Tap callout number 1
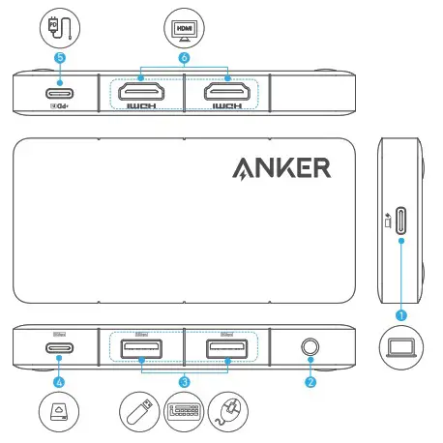click(x=401, y=313)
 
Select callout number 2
click(x=310, y=382)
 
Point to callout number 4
click(x=59, y=382)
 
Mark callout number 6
click(x=184, y=57)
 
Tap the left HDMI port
click(x=141, y=93)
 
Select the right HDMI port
click(x=226, y=93)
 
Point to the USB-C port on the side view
click(x=400, y=223)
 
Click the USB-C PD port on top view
click(x=59, y=94)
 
